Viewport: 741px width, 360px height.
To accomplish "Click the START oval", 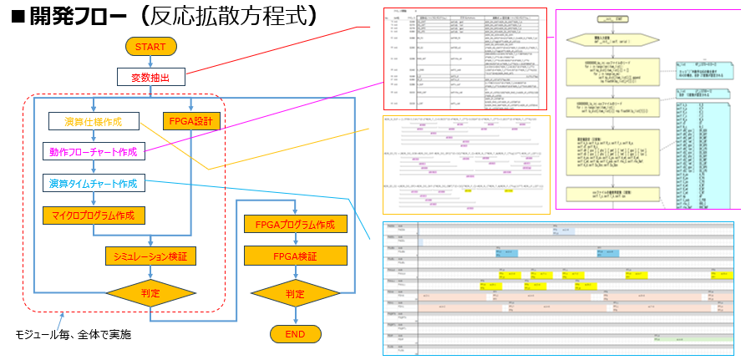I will (x=150, y=47).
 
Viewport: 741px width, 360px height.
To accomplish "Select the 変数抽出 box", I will (x=150, y=78).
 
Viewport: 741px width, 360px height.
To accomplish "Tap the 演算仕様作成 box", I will (x=93, y=122).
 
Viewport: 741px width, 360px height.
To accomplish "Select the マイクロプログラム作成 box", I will (x=94, y=215).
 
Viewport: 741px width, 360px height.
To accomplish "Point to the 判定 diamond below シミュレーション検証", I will (x=150, y=293).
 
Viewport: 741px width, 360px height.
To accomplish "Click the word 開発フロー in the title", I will (x=76, y=17).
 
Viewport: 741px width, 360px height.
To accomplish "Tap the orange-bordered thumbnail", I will (x=466, y=165).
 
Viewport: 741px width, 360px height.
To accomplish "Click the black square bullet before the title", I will (x=16, y=18).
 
